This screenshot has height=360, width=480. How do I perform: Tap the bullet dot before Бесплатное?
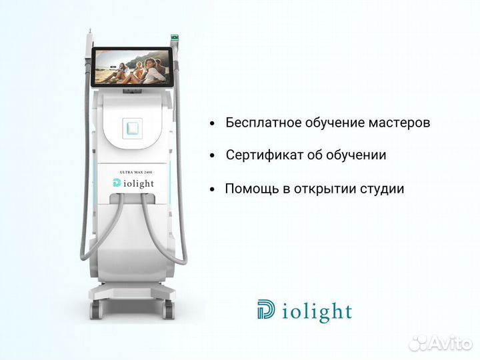(212, 124)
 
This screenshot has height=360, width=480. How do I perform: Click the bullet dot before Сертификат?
(212, 156)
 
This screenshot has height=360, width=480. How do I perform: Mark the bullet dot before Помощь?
(212, 189)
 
